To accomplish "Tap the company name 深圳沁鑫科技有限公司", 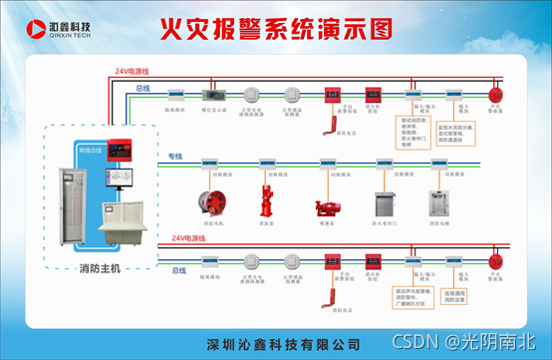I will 282,344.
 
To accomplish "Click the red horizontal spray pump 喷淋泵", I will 326,207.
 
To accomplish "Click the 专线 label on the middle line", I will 175,156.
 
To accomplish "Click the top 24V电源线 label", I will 131,72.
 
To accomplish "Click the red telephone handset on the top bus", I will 326,117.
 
